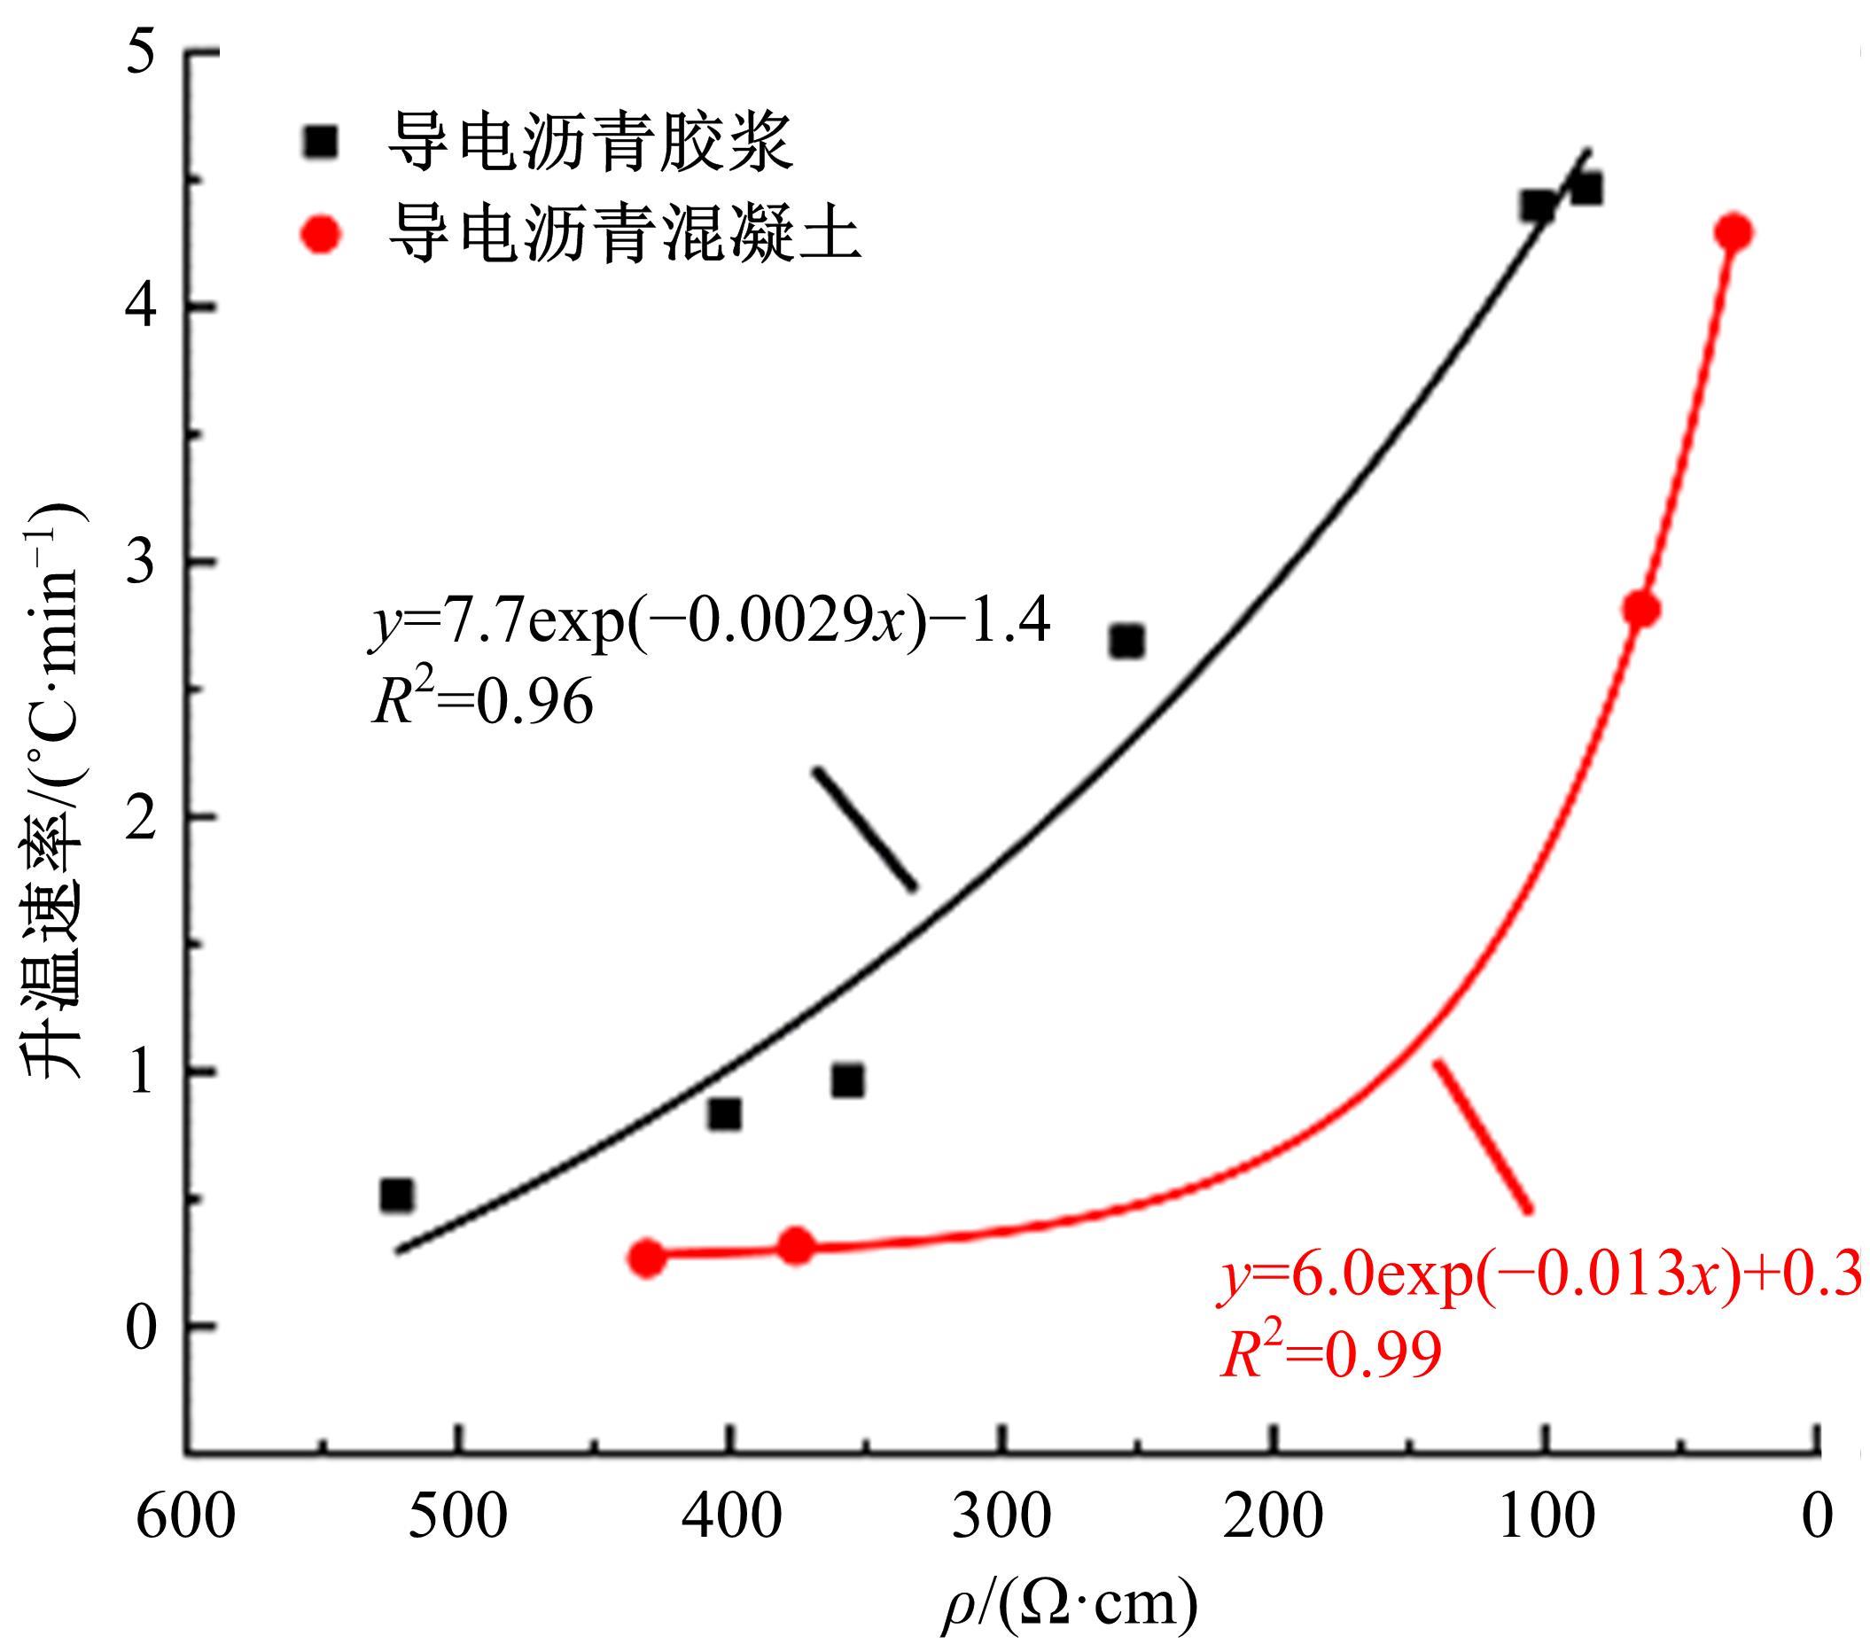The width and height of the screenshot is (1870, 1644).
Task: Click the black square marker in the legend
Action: [x=320, y=142]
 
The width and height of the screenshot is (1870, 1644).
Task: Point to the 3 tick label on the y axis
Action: [x=143, y=561]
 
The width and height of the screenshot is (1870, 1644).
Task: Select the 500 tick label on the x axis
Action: [x=457, y=1517]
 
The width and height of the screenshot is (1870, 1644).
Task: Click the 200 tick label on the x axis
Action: [x=1274, y=1517]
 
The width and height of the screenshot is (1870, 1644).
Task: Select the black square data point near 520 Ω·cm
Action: [x=396, y=1195]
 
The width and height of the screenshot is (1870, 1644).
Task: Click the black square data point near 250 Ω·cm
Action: [x=1127, y=642]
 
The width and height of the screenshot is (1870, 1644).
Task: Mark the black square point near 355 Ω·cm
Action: [x=848, y=1081]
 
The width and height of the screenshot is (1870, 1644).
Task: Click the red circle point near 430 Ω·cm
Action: [x=647, y=1258]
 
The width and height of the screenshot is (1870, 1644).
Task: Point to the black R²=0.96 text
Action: [x=482, y=703]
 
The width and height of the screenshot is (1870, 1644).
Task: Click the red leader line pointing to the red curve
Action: [x=1482, y=1136]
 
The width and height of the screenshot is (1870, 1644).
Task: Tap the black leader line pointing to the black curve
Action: [x=865, y=828]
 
